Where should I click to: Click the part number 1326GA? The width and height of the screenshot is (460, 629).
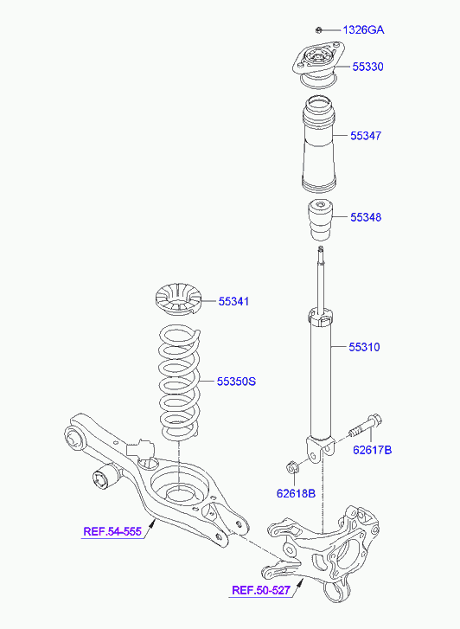coord(363,29)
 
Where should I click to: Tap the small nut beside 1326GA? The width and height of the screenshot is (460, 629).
coord(319,29)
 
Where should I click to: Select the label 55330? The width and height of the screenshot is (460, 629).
coord(367,67)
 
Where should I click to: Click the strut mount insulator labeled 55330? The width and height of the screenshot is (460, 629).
coord(318,64)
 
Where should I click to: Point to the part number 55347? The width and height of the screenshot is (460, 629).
coord(366,136)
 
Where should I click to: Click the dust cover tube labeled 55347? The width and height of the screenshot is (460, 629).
coord(318,144)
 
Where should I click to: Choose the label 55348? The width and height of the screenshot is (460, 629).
coord(366,217)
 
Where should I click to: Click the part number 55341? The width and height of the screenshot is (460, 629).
coord(233,301)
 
